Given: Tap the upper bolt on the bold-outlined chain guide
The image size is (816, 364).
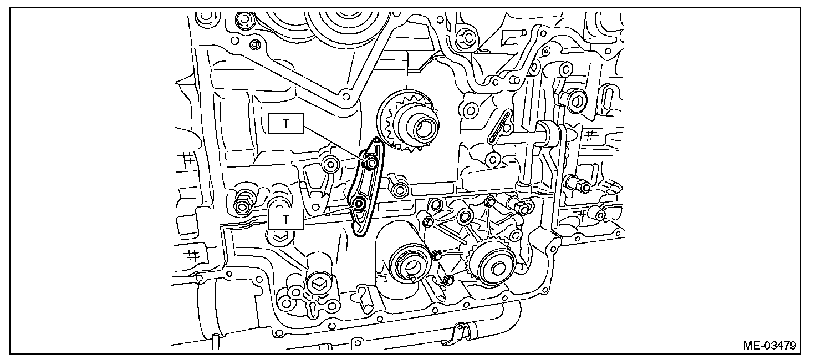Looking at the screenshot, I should pyautogui.click(x=371, y=163).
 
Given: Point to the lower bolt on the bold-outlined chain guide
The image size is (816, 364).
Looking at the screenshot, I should pyautogui.click(x=359, y=203).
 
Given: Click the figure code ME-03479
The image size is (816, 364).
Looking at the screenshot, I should pyautogui.click(x=770, y=346).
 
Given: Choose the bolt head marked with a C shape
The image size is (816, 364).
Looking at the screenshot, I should pyautogui.click(x=467, y=38).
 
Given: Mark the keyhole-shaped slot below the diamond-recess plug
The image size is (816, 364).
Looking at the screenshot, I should pyautogui.click(x=313, y=306).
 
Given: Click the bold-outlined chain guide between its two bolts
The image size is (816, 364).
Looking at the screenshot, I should pyautogui.click(x=365, y=183).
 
